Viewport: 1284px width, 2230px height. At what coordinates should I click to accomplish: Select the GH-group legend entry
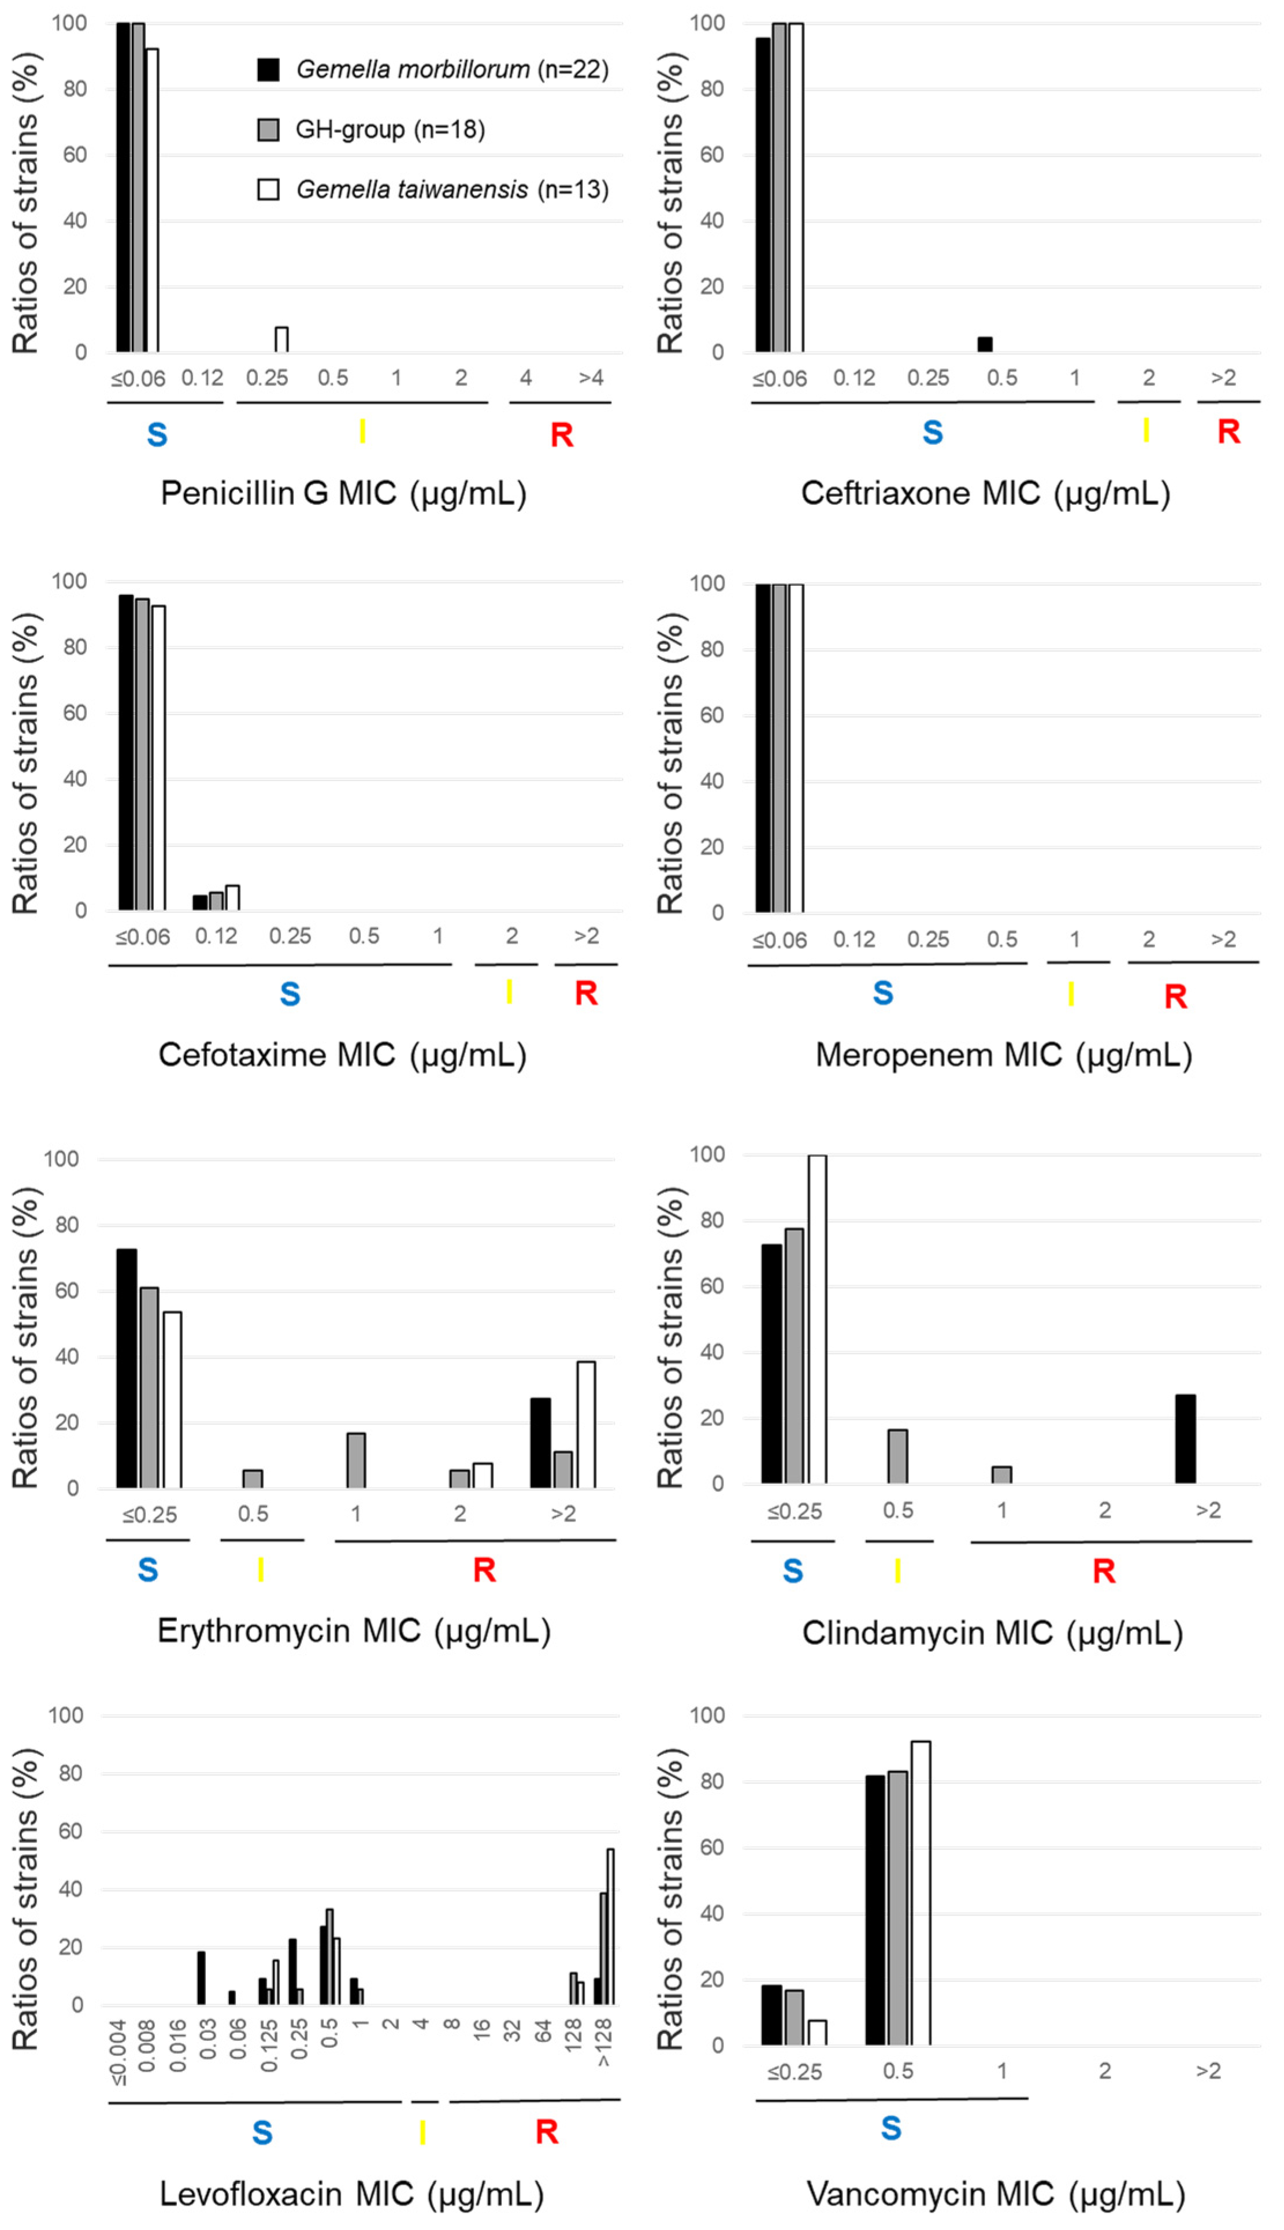pyautogui.click(x=370, y=130)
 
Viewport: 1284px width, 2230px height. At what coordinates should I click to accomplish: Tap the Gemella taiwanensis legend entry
pyautogui.click(x=432, y=190)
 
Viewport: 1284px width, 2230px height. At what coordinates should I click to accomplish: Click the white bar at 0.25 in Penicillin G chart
pyautogui.click(x=281, y=339)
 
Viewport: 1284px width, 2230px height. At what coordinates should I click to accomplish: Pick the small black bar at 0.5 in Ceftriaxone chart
pyautogui.click(x=985, y=344)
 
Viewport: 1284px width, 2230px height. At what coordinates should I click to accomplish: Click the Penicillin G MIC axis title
pyautogui.click(x=343, y=493)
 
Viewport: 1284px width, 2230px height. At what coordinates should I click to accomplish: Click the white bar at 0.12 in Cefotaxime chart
pyautogui.click(x=233, y=898)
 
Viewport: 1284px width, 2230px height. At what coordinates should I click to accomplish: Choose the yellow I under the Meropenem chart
pyautogui.click(x=1071, y=994)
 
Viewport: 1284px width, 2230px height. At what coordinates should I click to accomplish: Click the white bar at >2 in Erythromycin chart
pyautogui.click(x=585, y=1425)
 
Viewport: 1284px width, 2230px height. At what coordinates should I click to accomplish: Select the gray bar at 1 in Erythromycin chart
pyautogui.click(x=357, y=1461)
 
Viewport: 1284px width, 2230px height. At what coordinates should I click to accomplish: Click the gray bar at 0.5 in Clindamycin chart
pyautogui.click(x=898, y=1456)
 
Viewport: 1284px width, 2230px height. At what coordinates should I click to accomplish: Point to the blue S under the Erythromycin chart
pyautogui.click(x=148, y=1570)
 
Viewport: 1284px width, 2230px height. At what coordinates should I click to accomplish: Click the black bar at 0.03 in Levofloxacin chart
pyautogui.click(x=201, y=1978)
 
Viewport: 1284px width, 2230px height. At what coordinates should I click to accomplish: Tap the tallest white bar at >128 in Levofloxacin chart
pyautogui.click(x=610, y=1928)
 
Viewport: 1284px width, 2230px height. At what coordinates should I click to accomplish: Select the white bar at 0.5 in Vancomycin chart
pyautogui.click(x=920, y=1894)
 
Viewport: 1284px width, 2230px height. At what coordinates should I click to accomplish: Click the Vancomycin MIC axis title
pyautogui.click(x=996, y=2194)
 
